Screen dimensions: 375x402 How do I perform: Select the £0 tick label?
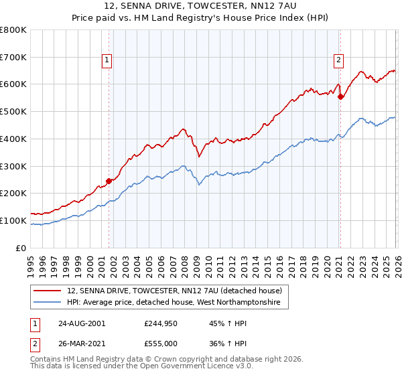20,248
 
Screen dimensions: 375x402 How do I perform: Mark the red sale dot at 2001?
109,180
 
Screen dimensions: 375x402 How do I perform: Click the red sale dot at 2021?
340,96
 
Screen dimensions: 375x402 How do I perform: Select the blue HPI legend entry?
178,303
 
